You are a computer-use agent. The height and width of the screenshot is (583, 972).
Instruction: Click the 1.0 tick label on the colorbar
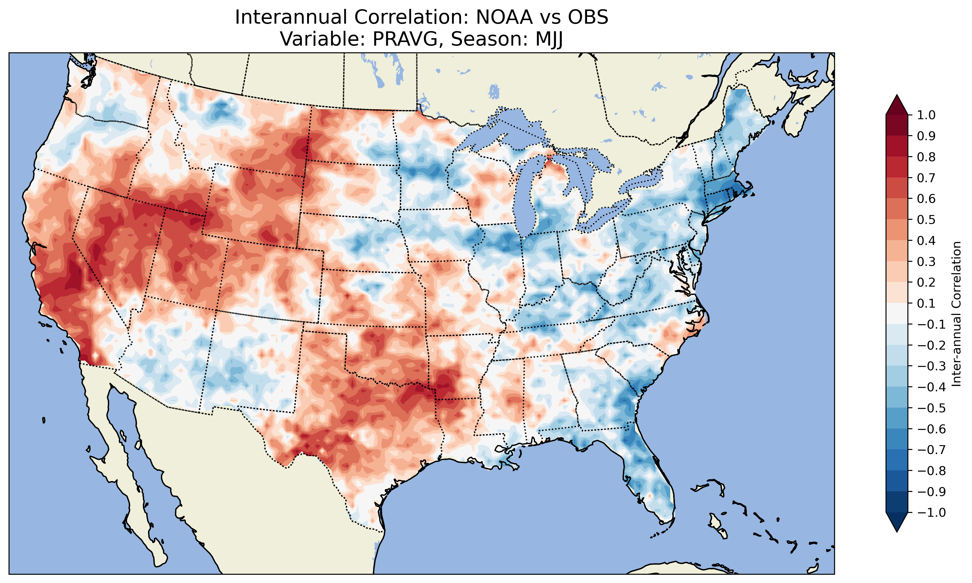(926, 115)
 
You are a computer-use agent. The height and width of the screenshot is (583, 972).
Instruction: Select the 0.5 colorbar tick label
(926, 219)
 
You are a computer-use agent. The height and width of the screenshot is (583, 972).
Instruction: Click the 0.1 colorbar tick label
(926, 303)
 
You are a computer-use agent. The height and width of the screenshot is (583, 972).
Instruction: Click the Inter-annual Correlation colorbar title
(957, 314)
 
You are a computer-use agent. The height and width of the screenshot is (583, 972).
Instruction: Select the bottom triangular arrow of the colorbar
(897, 522)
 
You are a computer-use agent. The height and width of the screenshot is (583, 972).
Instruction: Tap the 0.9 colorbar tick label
(926, 136)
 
